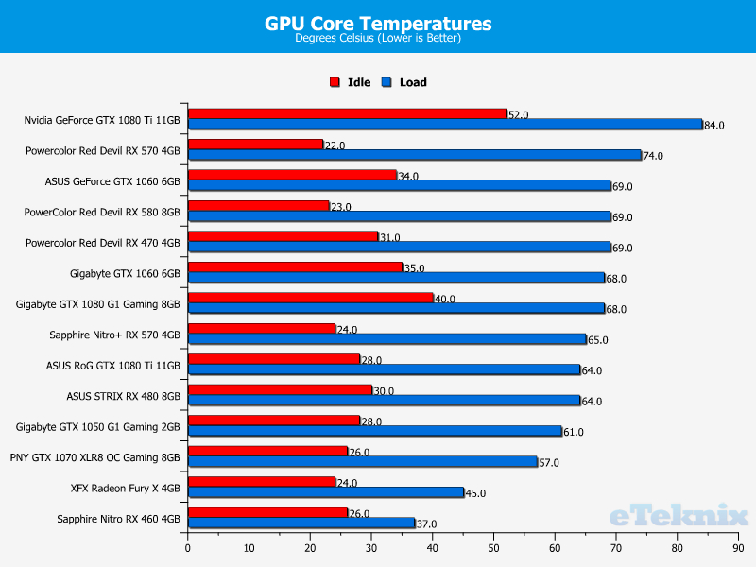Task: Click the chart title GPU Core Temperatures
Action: (378, 24)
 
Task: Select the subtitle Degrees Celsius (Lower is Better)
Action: (378, 39)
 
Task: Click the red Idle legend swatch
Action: (335, 82)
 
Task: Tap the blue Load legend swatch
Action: (387, 82)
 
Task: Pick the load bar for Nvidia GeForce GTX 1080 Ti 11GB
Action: (445, 124)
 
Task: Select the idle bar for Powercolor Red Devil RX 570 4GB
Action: (255, 145)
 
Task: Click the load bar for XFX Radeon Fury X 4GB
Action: (326, 491)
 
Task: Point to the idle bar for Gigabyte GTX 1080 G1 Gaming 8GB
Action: (310, 298)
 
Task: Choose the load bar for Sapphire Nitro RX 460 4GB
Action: (301, 523)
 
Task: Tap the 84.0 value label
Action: (714, 126)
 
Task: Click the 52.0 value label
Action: (518, 115)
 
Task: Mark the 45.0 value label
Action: (476, 493)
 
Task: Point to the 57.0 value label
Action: (550, 463)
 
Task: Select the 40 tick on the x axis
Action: (432, 548)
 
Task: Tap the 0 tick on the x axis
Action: (188, 548)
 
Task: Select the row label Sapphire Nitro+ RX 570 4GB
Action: (114, 335)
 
